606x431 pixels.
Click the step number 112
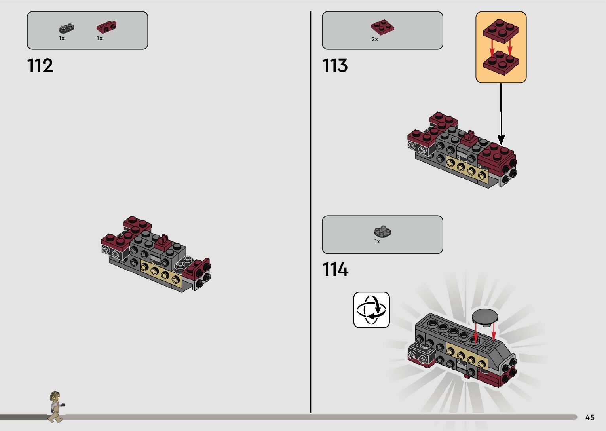40,66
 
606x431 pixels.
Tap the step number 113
335,66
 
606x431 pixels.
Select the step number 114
335,270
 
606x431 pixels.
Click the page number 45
590,417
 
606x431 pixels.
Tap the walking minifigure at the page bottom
56,406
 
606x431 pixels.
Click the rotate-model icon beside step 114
371,310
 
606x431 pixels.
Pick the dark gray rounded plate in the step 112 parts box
67,28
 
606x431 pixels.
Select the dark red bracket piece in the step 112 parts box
106,27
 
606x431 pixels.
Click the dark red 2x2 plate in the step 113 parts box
382,27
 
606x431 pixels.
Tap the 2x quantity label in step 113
374,39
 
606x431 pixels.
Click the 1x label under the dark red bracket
99,38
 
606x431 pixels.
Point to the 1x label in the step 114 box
377,241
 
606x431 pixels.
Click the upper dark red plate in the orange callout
501,30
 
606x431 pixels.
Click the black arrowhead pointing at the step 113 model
501,140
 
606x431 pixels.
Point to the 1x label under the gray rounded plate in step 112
62,38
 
